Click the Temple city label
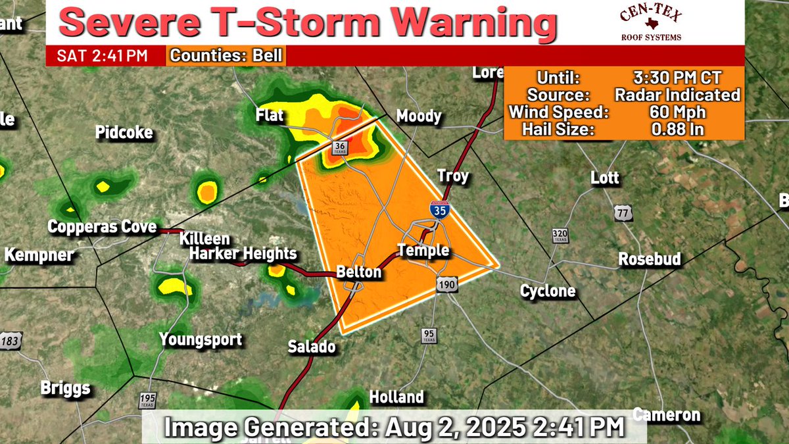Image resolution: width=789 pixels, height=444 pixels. pyautogui.click(x=423, y=251)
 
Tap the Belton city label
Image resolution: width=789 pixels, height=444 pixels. pyautogui.click(x=358, y=272)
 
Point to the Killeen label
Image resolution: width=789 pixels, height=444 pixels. pyautogui.click(x=205, y=239)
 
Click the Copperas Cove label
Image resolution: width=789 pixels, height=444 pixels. pyautogui.click(x=102, y=227)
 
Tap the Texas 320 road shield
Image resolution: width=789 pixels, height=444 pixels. pyautogui.click(x=560, y=236)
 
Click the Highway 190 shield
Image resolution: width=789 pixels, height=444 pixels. pyautogui.click(x=444, y=284)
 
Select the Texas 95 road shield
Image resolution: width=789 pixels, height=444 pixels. pyautogui.click(x=429, y=335)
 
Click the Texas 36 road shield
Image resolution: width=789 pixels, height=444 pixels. pyautogui.click(x=339, y=147)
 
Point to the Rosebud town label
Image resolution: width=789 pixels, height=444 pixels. pyautogui.click(x=649, y=259)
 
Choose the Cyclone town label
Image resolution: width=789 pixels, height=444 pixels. pyautogui.click(x=548, y=291)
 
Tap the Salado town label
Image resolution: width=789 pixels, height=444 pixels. pyautogui.click(x=312, y=347)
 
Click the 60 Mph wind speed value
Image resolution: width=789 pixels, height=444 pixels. pyautogui.click(x=677, y=112)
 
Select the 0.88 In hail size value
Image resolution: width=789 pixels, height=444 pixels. pyautogui.click(x=677, y=130)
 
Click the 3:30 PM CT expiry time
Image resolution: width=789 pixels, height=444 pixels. pyautogui.click(x=677, y=78)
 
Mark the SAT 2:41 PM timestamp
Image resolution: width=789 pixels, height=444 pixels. pyautogui.click(x=102, y=56)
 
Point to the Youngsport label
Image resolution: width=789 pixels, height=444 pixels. pyautogui.click(x=201, y=340)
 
